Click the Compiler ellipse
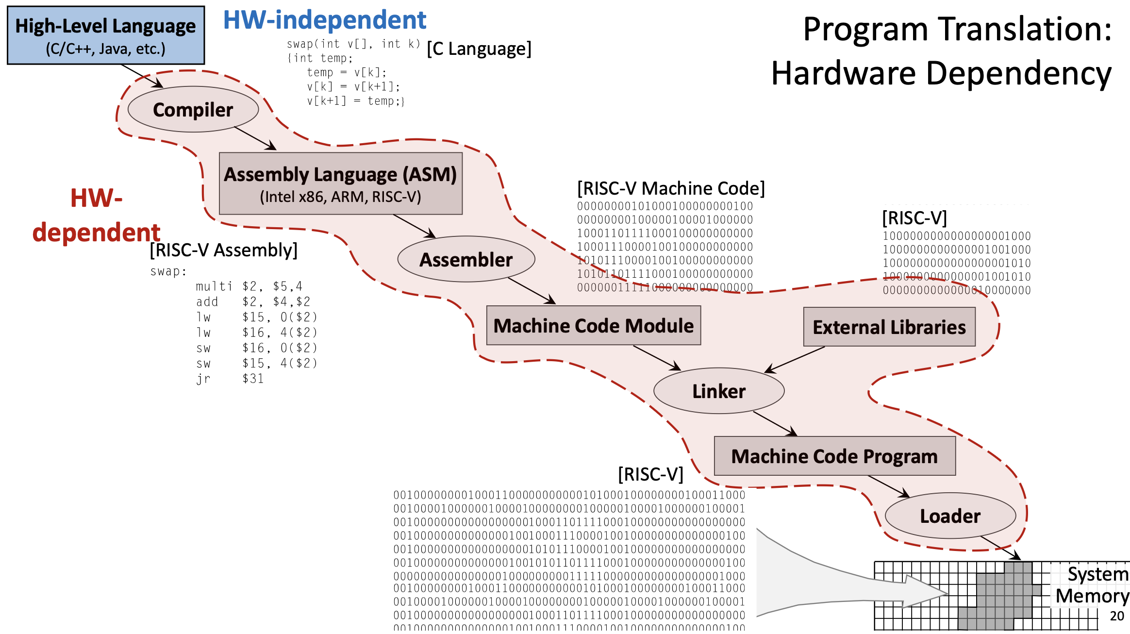[193, 109]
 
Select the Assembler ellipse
[466, 259]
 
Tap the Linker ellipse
[719, 391]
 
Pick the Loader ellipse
[950, 516]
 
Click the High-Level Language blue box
[106, 35]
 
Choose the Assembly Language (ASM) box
[340, 184]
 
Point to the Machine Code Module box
[593, 325]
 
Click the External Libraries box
[889, 327]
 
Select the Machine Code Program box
[834, 456]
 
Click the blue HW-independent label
[324, 20]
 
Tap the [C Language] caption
[479, 49]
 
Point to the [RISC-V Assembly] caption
[223, 250]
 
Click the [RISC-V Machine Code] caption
[671, 188]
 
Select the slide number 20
[1117, 616]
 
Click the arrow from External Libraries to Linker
[795, 360]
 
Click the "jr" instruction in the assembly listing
[203, 379]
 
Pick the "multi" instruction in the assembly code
[214, 286]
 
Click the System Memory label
[1092, 585]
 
